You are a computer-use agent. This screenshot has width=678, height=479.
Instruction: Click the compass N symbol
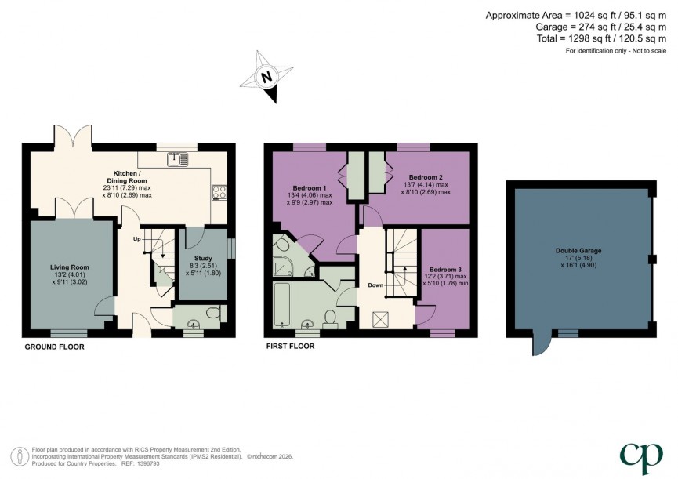pyautogui.click(x=267, y=77)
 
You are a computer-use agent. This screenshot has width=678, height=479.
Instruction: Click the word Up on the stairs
pyautogui.click(x=136, y=238)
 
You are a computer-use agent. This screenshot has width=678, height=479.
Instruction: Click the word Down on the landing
pyautogui.click(x=375, y=285)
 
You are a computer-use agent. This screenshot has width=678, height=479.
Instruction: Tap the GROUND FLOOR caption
pyautogui.click(x=55, y=346)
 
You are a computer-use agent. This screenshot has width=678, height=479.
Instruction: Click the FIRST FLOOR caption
pyautogui.click(x=292, y=346)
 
